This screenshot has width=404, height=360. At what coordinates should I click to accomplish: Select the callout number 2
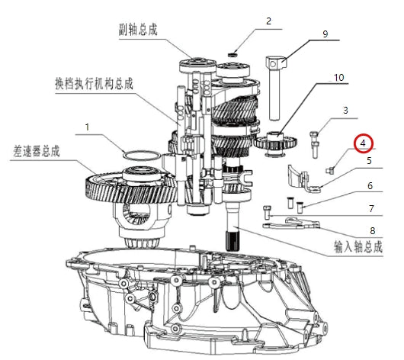[268, 21]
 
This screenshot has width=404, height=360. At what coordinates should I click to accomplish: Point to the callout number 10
[338, 78]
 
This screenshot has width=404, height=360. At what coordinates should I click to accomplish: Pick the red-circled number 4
[364, 143]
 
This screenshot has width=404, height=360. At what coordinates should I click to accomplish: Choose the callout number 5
[369, 161]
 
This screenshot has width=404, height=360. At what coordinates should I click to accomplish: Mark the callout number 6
[370, 185]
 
